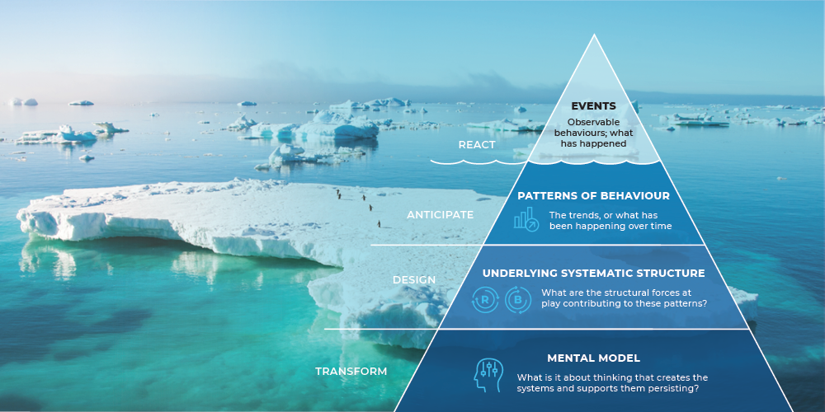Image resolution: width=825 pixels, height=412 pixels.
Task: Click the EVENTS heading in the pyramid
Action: point(593,106)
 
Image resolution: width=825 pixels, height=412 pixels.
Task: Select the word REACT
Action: point(477,145)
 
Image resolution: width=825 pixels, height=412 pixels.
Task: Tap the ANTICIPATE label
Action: point(440,215)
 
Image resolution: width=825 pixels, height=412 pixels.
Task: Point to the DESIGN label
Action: point(414,280)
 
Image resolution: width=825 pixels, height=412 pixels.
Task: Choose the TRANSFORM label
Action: point(351,372)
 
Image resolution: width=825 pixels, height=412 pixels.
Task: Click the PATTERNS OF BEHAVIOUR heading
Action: point(593,196)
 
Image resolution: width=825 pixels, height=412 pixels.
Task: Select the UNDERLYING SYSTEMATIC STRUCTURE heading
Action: point(593,274)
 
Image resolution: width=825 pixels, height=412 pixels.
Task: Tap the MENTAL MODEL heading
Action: point(593,358)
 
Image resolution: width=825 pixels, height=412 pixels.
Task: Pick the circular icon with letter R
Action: point(484,301)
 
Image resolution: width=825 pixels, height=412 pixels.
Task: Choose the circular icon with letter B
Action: point(518,301)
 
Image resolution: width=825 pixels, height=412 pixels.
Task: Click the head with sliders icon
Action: point(488,375)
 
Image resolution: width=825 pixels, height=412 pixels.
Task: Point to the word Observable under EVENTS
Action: point(593,124)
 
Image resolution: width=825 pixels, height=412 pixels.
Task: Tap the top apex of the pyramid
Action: point(594,35)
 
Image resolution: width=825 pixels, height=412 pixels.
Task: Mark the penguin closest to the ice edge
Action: point(379,224)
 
